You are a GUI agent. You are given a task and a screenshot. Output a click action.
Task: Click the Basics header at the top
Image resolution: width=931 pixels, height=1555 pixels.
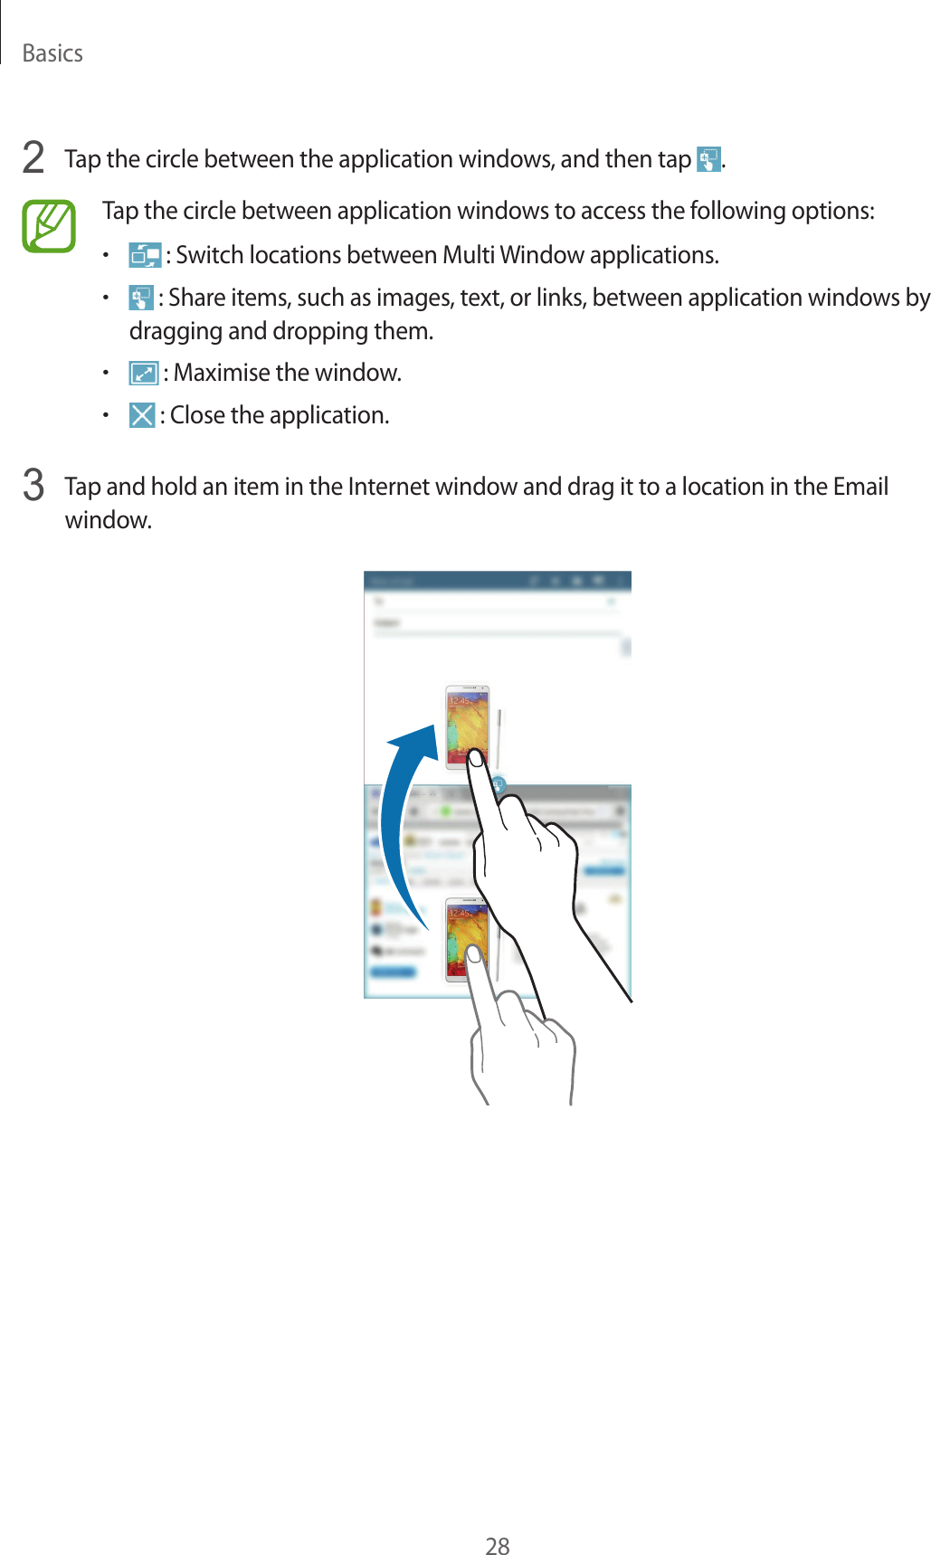52,53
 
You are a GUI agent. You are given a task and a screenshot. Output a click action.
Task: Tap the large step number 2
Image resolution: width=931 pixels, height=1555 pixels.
33,158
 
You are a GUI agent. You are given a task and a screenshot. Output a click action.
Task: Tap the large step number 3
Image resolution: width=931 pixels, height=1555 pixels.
33,486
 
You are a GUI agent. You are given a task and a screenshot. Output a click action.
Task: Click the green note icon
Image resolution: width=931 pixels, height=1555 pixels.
49,226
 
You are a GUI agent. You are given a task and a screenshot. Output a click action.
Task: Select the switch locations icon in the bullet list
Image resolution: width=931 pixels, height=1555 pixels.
144,255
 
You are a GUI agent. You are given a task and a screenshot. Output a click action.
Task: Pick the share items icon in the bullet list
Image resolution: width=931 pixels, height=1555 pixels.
140,298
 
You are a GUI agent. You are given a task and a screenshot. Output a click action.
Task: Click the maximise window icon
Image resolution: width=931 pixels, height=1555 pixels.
143,373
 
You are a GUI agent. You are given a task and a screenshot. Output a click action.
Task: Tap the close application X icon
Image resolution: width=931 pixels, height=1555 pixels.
142,415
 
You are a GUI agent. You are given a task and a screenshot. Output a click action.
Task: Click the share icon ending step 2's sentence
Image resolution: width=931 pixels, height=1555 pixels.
708,159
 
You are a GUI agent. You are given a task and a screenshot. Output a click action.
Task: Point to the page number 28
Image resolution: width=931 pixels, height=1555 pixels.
498,1546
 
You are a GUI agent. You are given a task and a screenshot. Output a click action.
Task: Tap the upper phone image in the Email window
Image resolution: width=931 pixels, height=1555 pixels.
467,726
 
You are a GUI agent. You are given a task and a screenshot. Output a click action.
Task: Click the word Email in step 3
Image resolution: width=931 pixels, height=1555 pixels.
860,487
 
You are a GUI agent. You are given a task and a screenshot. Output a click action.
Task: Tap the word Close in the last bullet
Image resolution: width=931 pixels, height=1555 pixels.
197,415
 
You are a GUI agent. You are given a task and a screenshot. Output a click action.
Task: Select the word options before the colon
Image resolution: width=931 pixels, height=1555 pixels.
831,211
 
